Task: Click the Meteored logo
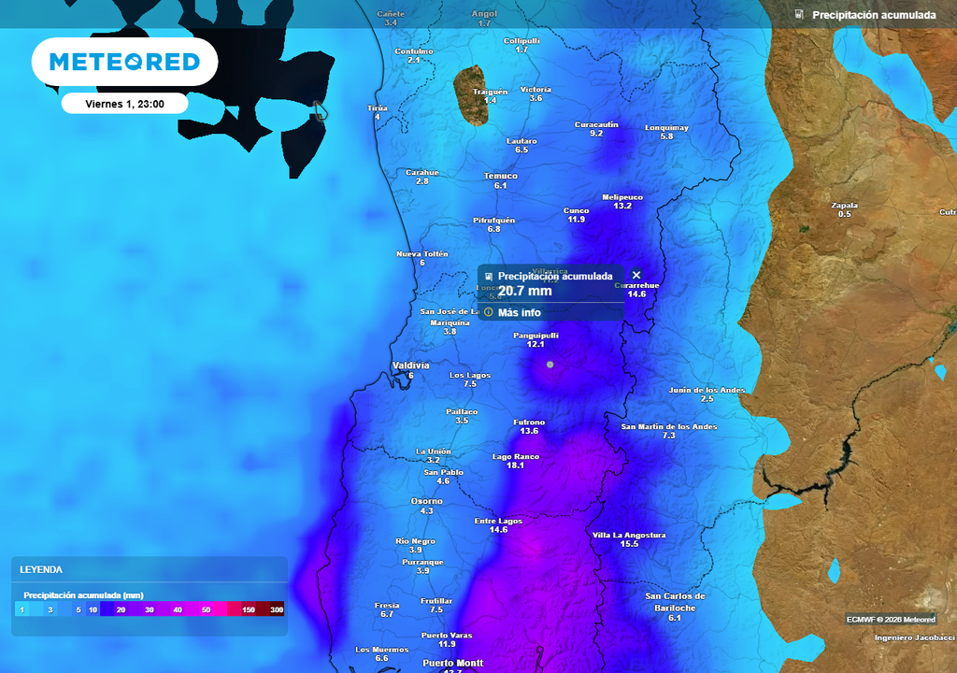tap(124, 63)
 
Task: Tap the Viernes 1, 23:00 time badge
tap(124, 104)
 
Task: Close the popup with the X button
tap(636, 275)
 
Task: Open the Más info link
tap(519, 312)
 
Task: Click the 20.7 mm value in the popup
tap(524, 291)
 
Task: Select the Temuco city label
tap(500, 176)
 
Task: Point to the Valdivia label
tap(410, 365)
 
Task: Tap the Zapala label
tap(844, 206)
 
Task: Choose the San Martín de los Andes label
tap(669, 426)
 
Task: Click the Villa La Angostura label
tap(629, 535)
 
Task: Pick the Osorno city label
tap(427, 501)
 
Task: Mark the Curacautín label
tap(596, 124)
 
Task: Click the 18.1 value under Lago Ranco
tap(515, 465)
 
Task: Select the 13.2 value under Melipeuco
tap(622, 206)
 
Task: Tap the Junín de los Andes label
tap(707, 390)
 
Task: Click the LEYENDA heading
tap(41, 569)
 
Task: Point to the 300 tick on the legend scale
tap(277, 609)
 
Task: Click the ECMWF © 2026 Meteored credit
tap(891, 619)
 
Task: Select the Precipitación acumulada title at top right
tap(873, 15)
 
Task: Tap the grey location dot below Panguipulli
tap(550, 364)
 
